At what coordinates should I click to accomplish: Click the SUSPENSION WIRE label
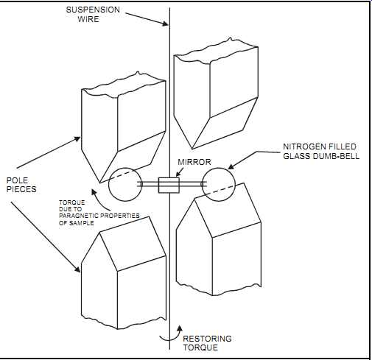(x=93, y=14)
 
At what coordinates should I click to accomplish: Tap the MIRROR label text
(x=194, y=162)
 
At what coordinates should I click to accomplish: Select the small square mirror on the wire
(x=169, y=185)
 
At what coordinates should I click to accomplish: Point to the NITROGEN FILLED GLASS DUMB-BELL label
(x=321, y=151)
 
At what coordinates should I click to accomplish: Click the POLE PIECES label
(x=21, y=185)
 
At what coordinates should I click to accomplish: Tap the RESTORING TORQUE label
(x=207, y=343)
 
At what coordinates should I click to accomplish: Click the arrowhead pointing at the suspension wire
(x=165, y=24)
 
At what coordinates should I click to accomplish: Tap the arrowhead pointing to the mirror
(x=178, y=174)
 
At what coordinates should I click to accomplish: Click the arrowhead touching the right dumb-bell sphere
(x=231, y=166)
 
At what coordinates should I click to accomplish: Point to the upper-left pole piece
(x=124, y=127)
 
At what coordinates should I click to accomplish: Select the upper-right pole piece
(x=216, y=93)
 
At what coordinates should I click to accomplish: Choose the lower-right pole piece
(x=219, y=239)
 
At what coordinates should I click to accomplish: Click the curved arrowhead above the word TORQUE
(x=94, y=192)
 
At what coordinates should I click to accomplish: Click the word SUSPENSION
(x=93, y=10)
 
